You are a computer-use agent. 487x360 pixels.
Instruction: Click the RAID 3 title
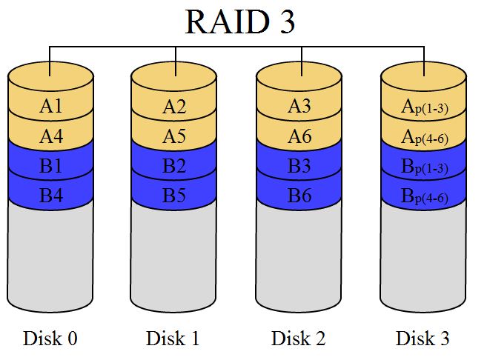click(x=240, y=22)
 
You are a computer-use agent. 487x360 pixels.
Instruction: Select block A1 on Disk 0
click(x=50, y=107)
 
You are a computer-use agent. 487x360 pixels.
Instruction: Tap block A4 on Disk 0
click(x=50, y=136)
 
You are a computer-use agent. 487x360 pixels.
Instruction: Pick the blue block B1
click(x=50, y=167)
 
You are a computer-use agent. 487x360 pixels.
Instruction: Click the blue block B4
click(x=50, y=196)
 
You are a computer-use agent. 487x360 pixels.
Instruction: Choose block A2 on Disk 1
click(x=174, y=107)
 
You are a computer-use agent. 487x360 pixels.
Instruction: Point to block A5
click(x=174, y=136)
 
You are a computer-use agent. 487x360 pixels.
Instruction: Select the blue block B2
click(x=174, y=167)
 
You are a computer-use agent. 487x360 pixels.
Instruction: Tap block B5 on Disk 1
click(x=174, y=196)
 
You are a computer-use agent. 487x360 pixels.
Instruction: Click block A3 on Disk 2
click(x=299, y=107)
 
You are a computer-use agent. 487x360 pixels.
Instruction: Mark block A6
click(x=299, y=136)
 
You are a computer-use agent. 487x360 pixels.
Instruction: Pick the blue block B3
click(x=299, y=167)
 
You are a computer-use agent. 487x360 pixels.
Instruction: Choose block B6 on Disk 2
click(x=299, y=196)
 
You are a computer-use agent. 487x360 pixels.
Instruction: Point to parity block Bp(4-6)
click(x=423, y=197)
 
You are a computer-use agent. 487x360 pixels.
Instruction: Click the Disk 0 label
click(x=50, y=339)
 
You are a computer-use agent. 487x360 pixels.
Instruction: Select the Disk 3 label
click(x=423, y=339)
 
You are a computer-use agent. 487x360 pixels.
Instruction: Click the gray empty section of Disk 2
click(x=299, y=259)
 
